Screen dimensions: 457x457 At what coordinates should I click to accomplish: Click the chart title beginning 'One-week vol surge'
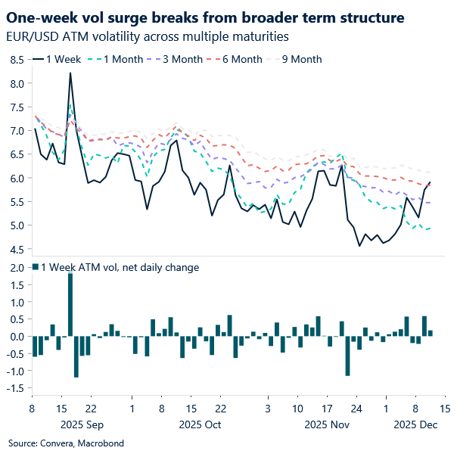coord(204,17)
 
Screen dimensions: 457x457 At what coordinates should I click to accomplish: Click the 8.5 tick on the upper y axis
coord(15,60)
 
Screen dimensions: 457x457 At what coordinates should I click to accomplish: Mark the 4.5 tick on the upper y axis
coord(15,249)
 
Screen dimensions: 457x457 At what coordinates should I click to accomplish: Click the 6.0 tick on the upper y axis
coord(15,178)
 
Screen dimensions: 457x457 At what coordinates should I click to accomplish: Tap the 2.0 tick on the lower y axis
coord(15,268)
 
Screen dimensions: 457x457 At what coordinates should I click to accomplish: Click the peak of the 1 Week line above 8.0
coord(70,73)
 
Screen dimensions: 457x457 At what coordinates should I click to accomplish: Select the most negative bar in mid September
coord(76,356)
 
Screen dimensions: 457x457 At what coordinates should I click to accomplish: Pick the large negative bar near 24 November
coord(347,356)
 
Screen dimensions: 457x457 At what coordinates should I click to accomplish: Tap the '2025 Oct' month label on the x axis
coord(201,424)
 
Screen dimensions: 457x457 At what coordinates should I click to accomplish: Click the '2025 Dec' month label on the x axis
coord(415,424)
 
